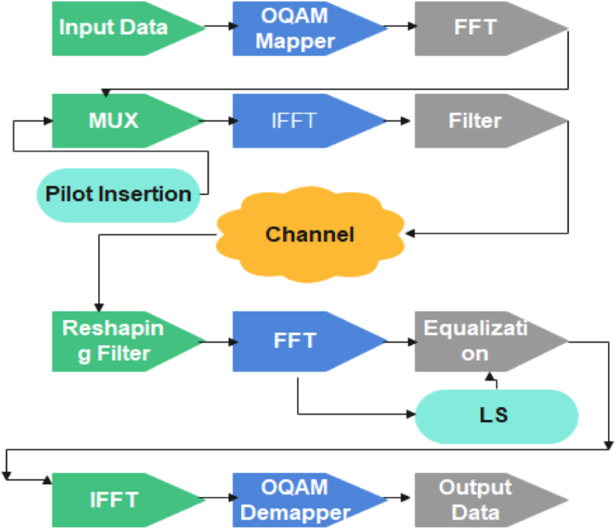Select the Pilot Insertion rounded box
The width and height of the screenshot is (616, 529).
[118, 194]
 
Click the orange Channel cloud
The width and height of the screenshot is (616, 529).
[310, 234]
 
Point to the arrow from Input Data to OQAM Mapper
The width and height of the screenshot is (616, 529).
[219, 27]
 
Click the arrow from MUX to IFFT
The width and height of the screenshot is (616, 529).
[219, 121]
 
